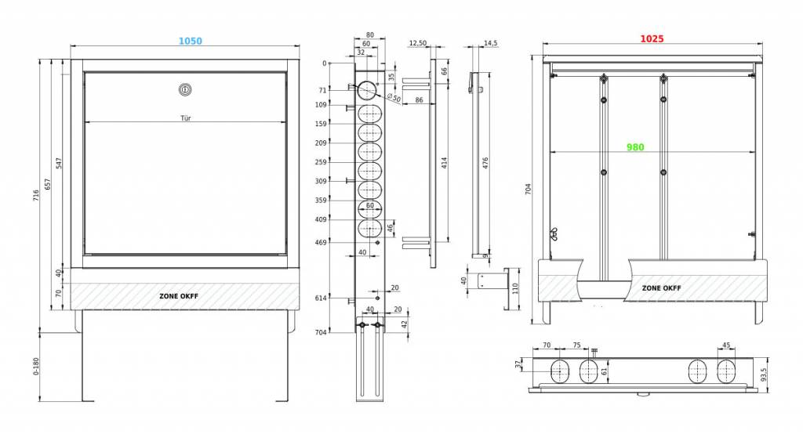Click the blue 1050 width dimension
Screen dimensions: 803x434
190,41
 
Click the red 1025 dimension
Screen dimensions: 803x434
652,38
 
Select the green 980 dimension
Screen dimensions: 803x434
635,146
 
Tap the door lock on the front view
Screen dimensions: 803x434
185,90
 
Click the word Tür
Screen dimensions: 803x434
185,118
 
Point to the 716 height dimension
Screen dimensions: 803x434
36,195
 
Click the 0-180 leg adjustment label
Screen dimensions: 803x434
36,367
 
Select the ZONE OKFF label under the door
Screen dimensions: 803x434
179,296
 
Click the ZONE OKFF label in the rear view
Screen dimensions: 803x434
662,288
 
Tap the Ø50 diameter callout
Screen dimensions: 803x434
394,96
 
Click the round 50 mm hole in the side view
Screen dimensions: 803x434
368,91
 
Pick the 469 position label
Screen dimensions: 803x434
321,242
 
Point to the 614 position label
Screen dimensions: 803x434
321,298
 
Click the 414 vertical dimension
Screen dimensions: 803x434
444,163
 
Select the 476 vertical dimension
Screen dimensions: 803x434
485,163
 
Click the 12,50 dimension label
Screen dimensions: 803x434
417,43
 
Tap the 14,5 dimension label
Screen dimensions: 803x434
490,43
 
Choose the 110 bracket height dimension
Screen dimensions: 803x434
515,288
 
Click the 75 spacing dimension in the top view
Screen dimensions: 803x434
576,345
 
